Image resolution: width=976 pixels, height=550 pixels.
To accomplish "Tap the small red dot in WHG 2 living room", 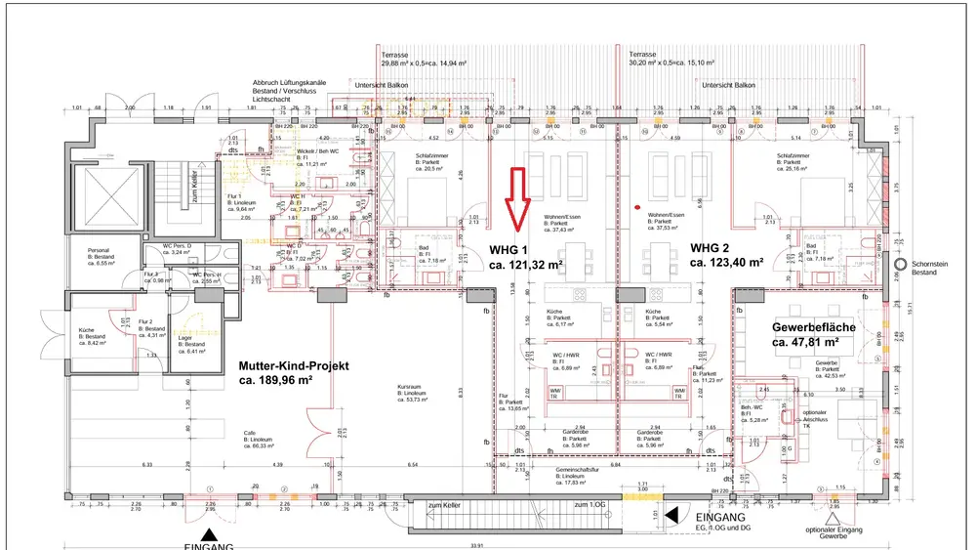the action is (x=637, y=207).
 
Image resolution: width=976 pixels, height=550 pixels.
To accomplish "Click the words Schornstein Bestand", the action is (x=938, y=268).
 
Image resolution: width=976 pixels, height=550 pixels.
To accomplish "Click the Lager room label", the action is (x=184, y=337).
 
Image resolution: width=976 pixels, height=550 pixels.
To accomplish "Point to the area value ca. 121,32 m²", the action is (x=526, y=265).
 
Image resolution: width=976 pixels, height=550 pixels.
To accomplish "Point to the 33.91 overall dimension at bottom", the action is (x=476, y=544).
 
